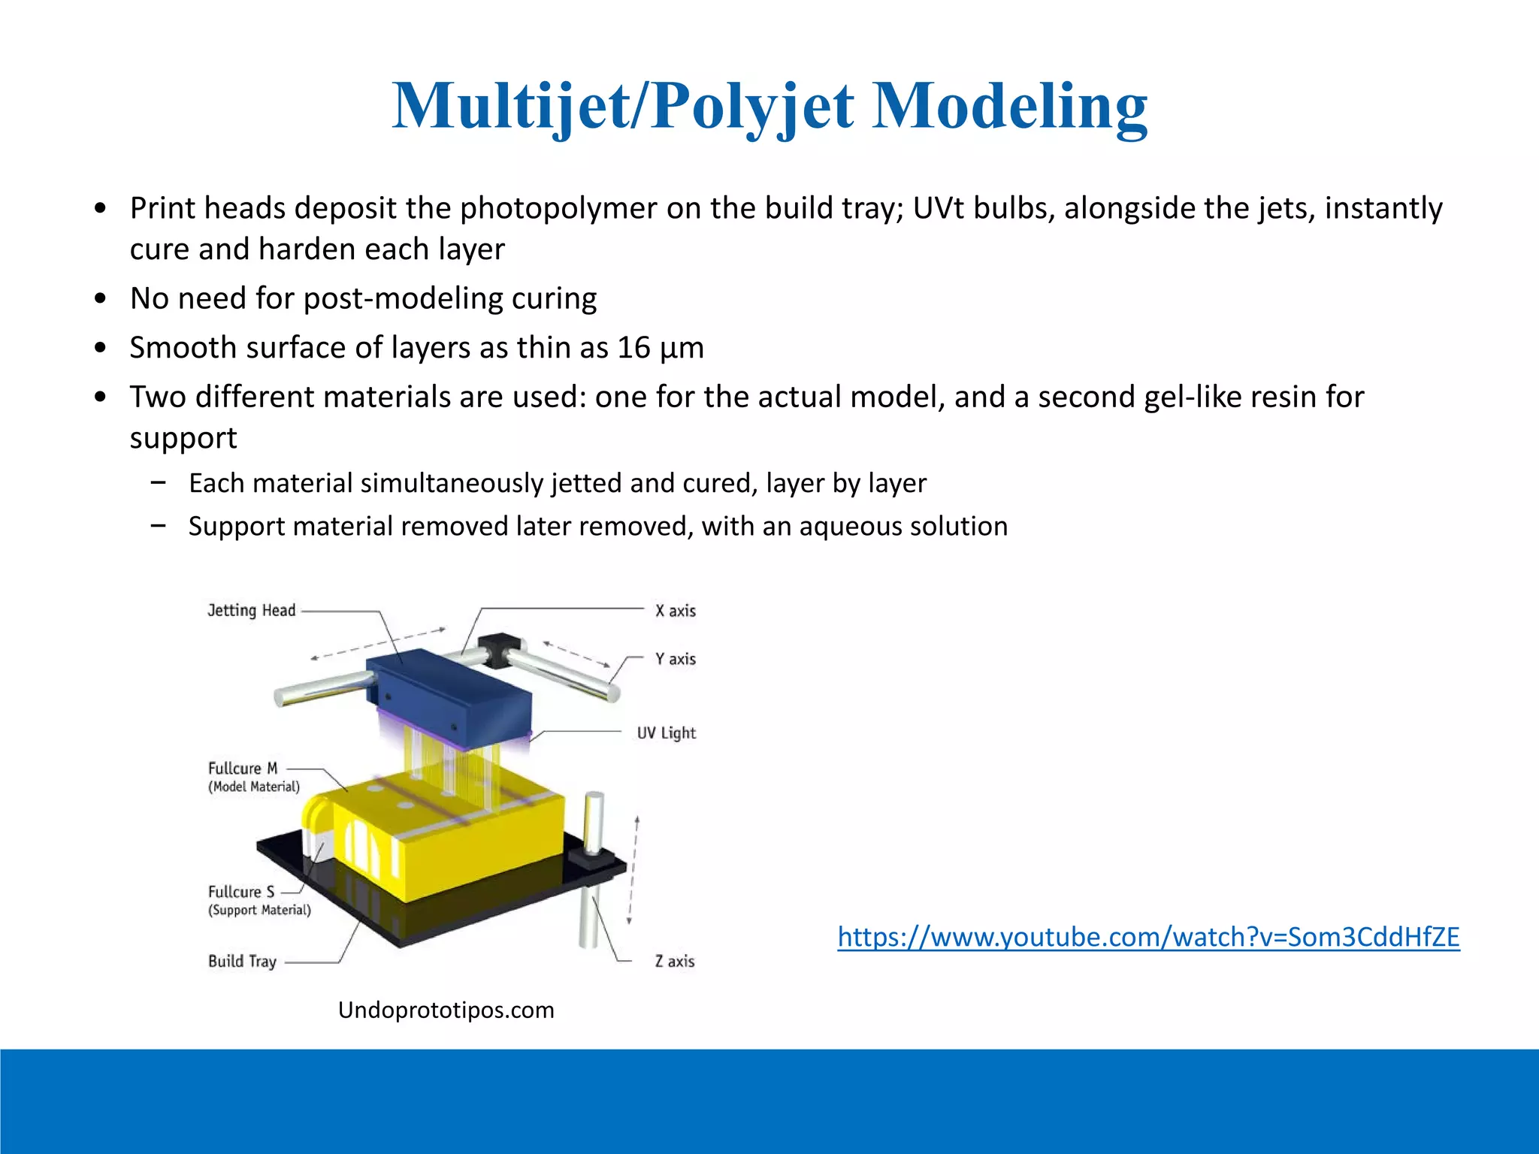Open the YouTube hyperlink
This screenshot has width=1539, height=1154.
(1148, 937)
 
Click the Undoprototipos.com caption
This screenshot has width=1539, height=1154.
(446, 1010)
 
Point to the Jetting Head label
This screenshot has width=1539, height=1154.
(252, 610)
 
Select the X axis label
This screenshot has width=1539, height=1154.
(675, 611)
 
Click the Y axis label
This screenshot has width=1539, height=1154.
(675, 659)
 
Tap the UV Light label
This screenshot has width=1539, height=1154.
(666, 733)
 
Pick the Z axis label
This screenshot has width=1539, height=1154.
(674, 961)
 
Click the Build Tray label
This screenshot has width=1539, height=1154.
(242, 961)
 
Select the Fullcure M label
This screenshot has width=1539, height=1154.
(243, 769)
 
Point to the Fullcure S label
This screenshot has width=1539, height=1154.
(241, 892)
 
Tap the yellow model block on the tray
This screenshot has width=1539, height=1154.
(466, 841)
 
